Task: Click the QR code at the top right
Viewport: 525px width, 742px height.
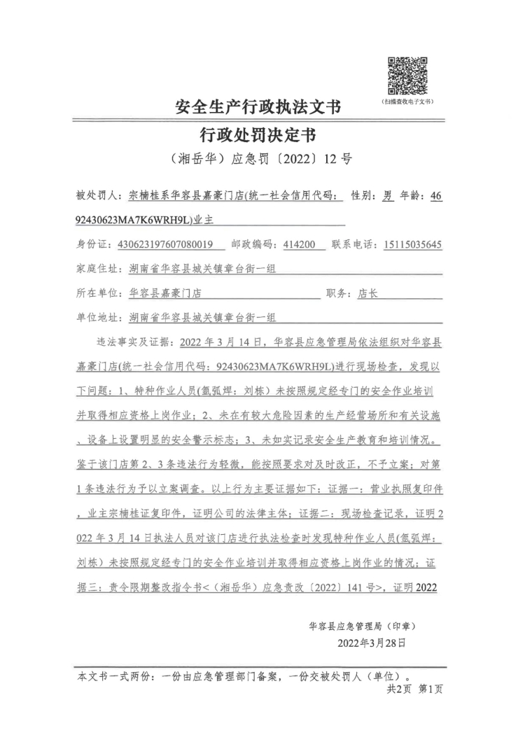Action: pos(408,76)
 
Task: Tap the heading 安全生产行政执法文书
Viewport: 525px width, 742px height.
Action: pos(258,107)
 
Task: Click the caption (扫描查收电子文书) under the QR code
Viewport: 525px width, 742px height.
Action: pos(407,102)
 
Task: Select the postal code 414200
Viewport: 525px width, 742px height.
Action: pos(300,244)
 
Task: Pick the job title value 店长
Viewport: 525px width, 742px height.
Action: pos(367,293)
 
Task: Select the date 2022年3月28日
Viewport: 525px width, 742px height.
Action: pos(371,641)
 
